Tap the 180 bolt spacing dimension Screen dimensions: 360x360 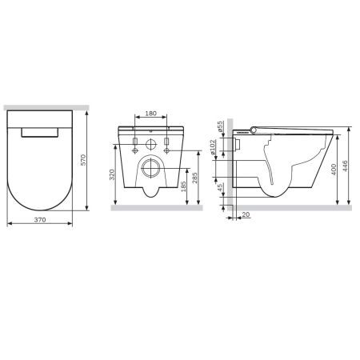pos(151,114)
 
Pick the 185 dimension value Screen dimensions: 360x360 pos(184,188)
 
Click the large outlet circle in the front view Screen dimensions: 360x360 pos(151,168)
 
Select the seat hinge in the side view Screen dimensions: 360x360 pos(251,130)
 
